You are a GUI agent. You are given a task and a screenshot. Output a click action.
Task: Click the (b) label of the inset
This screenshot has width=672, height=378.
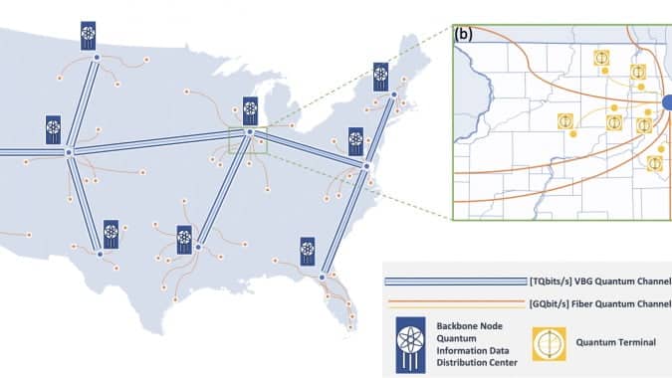463,34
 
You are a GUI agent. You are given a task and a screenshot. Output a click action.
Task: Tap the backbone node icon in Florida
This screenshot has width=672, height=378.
308,252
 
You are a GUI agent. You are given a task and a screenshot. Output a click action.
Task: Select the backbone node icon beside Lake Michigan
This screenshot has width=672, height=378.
250,110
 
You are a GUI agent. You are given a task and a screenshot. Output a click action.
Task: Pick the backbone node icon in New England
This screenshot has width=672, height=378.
380,77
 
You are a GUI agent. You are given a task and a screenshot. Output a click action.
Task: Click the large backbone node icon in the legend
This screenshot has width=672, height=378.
410,345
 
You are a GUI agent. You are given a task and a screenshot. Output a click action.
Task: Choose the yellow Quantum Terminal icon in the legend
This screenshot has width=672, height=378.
549,344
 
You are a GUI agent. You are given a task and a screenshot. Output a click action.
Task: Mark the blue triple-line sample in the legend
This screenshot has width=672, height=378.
456,282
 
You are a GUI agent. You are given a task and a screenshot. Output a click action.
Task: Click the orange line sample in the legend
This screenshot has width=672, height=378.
456,304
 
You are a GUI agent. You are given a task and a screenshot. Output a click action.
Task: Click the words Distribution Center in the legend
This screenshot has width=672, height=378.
477,363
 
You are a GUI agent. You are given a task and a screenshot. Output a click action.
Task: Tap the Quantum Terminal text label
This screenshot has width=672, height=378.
615,342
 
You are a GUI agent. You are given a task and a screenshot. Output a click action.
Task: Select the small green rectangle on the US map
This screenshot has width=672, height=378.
248,140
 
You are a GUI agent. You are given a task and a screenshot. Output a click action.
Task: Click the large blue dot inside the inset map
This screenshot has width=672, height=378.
667,102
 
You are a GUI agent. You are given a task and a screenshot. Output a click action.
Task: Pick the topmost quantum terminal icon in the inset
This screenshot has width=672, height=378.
601,58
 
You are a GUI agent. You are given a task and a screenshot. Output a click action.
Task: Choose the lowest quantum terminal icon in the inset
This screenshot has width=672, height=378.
654,163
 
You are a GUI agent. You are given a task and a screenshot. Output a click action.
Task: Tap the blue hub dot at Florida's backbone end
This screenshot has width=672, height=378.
322,278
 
